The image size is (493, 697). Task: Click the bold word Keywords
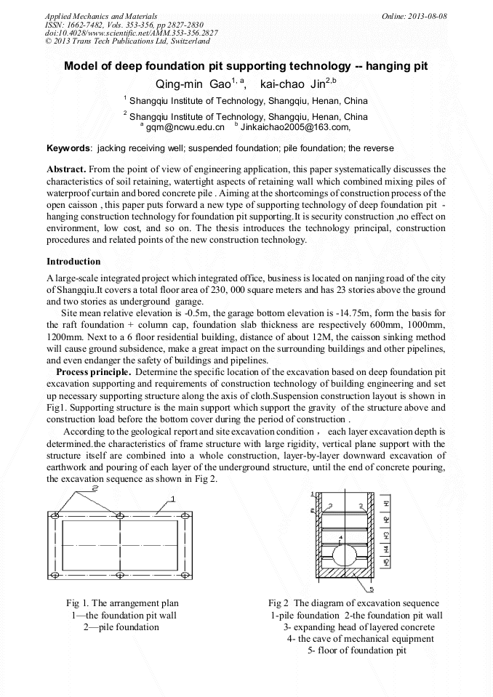tap(68, 148)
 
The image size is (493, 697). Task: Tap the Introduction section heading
tap(73, 262)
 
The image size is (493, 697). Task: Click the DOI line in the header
tap(131, 33)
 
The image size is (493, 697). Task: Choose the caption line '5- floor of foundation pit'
tap(357, 650)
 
